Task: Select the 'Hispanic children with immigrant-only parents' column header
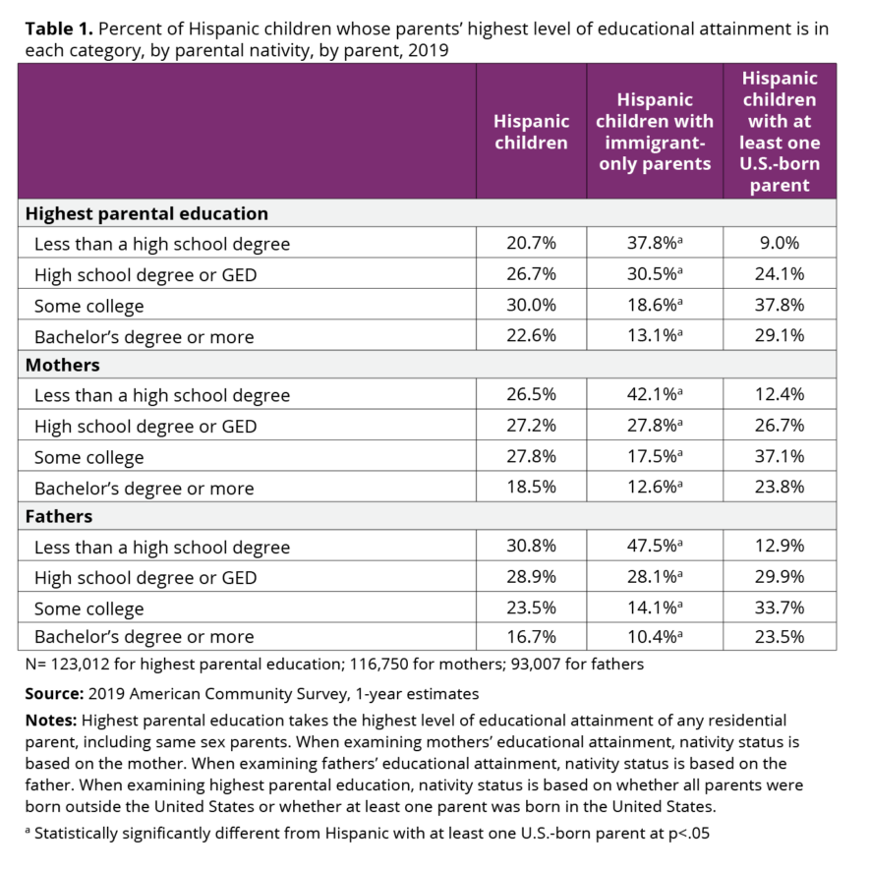coord(655,132)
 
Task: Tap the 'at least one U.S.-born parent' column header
coord(780,132)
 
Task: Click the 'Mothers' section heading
coord(63,365)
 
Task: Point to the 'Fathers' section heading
coord(59,516)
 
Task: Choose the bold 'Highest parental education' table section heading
coord(146,213)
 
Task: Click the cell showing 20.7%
coord(531,244)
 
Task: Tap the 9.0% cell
coord(780,244)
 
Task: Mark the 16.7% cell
coord(531,637)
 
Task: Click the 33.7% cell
coord(780,608)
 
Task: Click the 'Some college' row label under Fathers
coord(89,608)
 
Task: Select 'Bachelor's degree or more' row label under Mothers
coord(145,488)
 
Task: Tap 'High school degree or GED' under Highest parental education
coord(145,275)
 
